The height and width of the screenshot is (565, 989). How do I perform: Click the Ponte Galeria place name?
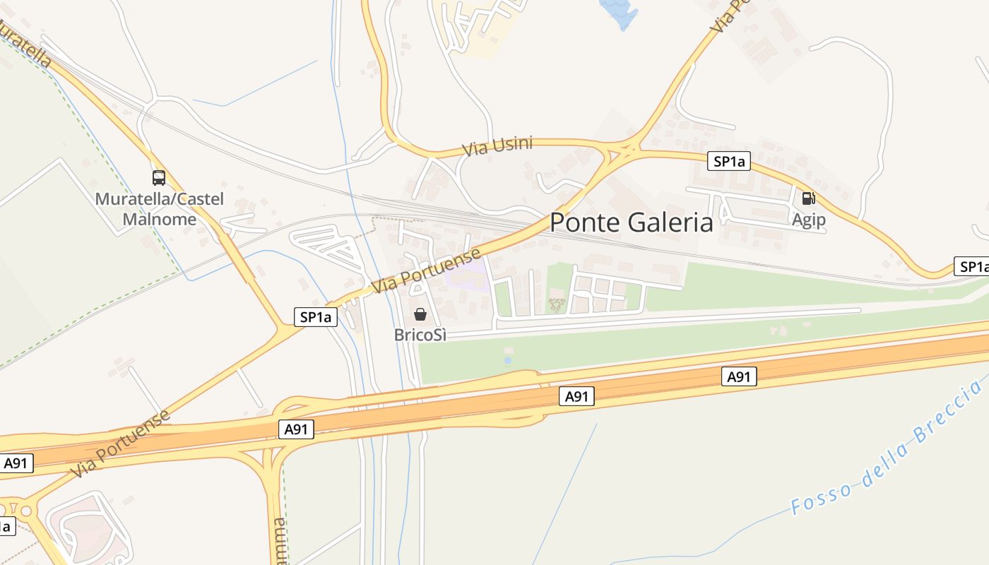[632, 222]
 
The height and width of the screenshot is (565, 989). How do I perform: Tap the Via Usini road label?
[497, 147]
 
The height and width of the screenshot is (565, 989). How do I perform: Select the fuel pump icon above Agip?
[808, 198]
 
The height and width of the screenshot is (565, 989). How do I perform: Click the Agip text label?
[808, 220]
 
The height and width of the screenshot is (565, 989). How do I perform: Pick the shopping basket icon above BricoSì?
[420, 314]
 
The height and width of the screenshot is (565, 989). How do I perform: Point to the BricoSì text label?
[420, 335]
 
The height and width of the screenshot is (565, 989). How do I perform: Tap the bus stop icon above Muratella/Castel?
[159, 178]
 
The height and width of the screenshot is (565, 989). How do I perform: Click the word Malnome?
[160, 219]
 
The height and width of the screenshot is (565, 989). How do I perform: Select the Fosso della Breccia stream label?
[887, 447]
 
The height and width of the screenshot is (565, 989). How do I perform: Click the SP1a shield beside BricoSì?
[316, 317]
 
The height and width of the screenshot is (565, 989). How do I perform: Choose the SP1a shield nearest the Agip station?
[729, 162]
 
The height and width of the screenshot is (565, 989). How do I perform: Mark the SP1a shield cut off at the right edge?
[972, 266]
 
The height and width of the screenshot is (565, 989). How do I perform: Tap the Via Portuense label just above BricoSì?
[426, 270]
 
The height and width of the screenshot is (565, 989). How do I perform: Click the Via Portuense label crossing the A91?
[121, 442]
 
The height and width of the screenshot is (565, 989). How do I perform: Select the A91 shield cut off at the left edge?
[16, 463]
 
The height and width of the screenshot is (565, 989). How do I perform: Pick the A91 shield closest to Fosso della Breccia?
[739, 377]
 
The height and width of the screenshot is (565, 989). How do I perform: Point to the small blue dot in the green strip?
[507, 361]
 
